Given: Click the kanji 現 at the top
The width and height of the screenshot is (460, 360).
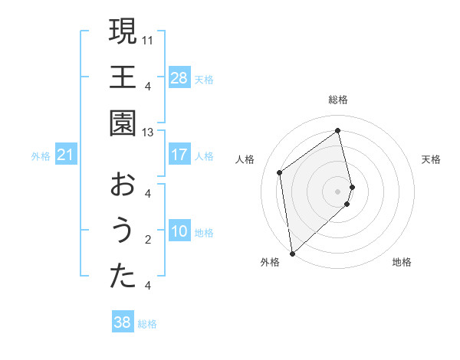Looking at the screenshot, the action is tap(123, 32).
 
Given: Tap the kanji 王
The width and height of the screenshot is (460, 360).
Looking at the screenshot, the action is tap(123, 77).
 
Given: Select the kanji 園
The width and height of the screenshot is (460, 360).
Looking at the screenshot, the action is tap(123, 123).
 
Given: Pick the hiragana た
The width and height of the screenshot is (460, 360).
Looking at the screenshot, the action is tap(123, 277).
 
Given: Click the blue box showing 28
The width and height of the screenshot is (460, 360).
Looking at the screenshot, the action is tap(179, 78).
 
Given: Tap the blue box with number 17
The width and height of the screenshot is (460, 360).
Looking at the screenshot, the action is tap(179, 155).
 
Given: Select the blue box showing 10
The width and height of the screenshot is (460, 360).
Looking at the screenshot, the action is tap(179, 231).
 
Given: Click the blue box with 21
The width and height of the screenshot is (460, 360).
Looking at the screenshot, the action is tap(65, 155).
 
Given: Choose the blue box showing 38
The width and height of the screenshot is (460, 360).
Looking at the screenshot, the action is tap(122, 322).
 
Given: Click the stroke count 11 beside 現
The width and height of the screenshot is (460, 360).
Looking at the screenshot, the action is tap(148, 38).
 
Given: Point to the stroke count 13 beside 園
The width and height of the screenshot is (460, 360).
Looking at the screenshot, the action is tap(148, 132).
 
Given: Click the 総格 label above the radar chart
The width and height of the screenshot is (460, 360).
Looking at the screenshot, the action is tap(338, 100).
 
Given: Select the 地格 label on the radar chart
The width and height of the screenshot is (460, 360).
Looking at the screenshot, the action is tap(402, 262).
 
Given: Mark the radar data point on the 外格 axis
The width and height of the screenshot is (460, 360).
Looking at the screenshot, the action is tap(291, 253).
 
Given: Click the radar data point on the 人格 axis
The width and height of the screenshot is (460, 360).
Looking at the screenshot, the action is tap(280, 172).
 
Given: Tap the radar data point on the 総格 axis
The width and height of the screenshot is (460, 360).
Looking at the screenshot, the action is tap(338, 131).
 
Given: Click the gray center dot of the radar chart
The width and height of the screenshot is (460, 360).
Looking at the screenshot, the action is tap(338, 191).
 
